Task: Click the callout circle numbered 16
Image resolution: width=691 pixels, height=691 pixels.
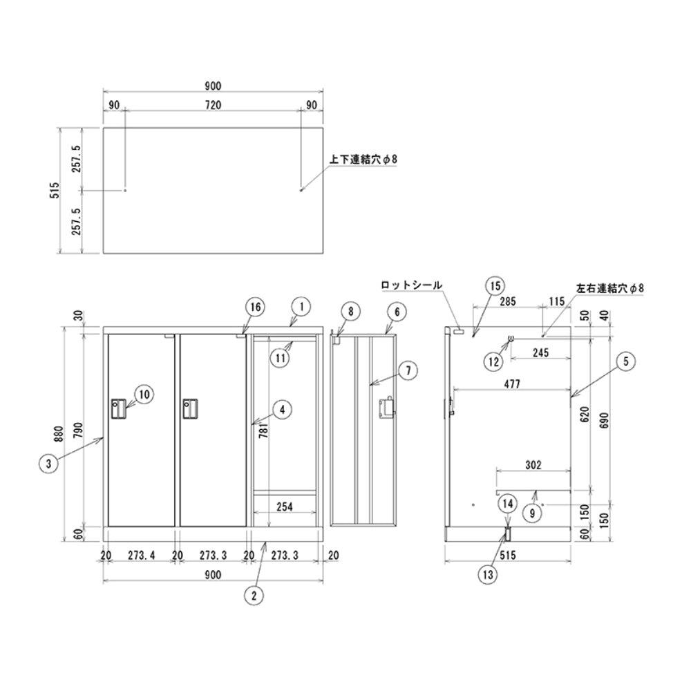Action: coord(256,307)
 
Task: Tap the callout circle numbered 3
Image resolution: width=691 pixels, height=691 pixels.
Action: coord(48,463)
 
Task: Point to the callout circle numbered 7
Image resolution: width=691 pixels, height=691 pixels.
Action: coord(408,370)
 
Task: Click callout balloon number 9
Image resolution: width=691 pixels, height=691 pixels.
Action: coord(532,513)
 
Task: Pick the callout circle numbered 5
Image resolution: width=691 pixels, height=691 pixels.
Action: coord(626,362)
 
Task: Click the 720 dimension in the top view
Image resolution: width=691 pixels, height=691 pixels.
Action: coord(213,105)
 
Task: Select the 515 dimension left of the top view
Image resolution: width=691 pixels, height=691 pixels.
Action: coord(54,191)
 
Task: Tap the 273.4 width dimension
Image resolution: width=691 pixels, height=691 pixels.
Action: coord(142,556)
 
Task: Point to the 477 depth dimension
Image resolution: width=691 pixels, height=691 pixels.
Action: coord(512,384)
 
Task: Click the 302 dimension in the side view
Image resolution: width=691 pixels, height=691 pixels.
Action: coord(533,465)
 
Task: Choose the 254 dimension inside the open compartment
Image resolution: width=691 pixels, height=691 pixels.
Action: coord(285,507)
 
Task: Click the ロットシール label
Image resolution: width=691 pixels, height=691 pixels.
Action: coord(411,285)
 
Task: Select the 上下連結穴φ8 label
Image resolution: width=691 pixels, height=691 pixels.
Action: coord(363,159)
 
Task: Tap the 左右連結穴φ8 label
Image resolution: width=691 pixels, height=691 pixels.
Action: coord(610,288)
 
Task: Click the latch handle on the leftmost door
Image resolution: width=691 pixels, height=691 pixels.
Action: coord(119,408)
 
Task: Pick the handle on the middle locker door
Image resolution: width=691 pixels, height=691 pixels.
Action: coord(191,408)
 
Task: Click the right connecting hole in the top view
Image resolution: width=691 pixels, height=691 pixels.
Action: coord(301,191)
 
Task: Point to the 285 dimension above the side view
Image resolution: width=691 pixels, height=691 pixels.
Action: coord(507,301)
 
